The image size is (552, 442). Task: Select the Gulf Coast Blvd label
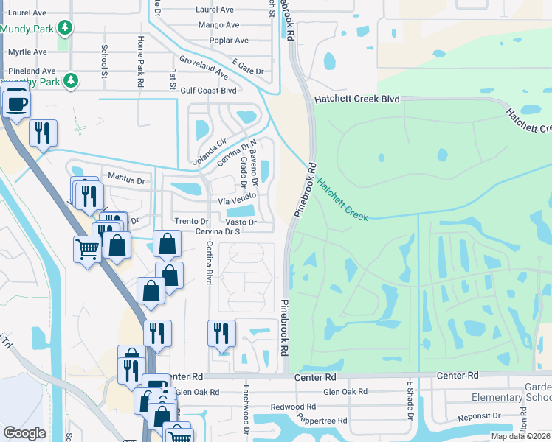[208, 91]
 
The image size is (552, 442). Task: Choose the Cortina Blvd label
[210, 264]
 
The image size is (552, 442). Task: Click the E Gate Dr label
[247, 67]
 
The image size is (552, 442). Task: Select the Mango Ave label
[218, 24]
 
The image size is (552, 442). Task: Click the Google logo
[25, 433]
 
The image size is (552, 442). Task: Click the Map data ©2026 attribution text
[520, 436]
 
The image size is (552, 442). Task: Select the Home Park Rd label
[139, 62]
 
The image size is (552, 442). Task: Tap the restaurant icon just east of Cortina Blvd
[221, 332]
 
